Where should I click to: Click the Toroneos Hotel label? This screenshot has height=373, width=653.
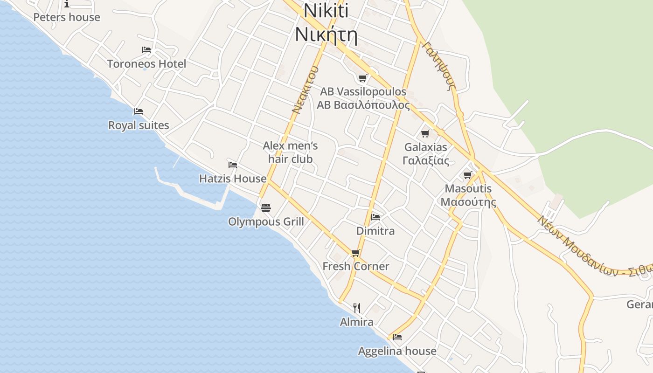pos(146,64)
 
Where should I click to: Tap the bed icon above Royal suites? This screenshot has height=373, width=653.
pos(138,111)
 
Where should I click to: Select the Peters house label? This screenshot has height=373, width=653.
pos(67,17)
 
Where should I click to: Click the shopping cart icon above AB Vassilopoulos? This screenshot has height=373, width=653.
pos(362,78)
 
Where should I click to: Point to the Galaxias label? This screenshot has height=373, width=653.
pos(425,147)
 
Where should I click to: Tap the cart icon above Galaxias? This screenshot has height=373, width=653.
pos(425,134)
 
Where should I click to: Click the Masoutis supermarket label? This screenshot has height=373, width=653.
pos(468,189)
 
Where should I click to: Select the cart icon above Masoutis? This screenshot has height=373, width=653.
pos(468,175)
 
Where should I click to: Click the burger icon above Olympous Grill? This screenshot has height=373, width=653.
pos(265,207)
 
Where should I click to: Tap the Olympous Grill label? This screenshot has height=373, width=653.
pos(266,221)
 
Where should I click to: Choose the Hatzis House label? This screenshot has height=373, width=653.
pos(233,179)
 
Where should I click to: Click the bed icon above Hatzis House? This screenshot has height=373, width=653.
pos(233,165)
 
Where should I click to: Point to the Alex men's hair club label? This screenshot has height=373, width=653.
pos(290,152)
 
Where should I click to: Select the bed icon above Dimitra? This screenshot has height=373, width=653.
pos(375,217)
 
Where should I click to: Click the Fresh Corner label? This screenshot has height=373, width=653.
pos(356,266)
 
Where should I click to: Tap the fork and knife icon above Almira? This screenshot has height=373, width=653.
pos(357,308)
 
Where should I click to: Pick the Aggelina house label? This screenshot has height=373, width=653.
pos(397,351)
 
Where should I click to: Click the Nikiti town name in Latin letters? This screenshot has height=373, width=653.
pos(326,11)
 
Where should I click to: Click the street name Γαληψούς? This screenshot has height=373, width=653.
pos(438,65)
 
